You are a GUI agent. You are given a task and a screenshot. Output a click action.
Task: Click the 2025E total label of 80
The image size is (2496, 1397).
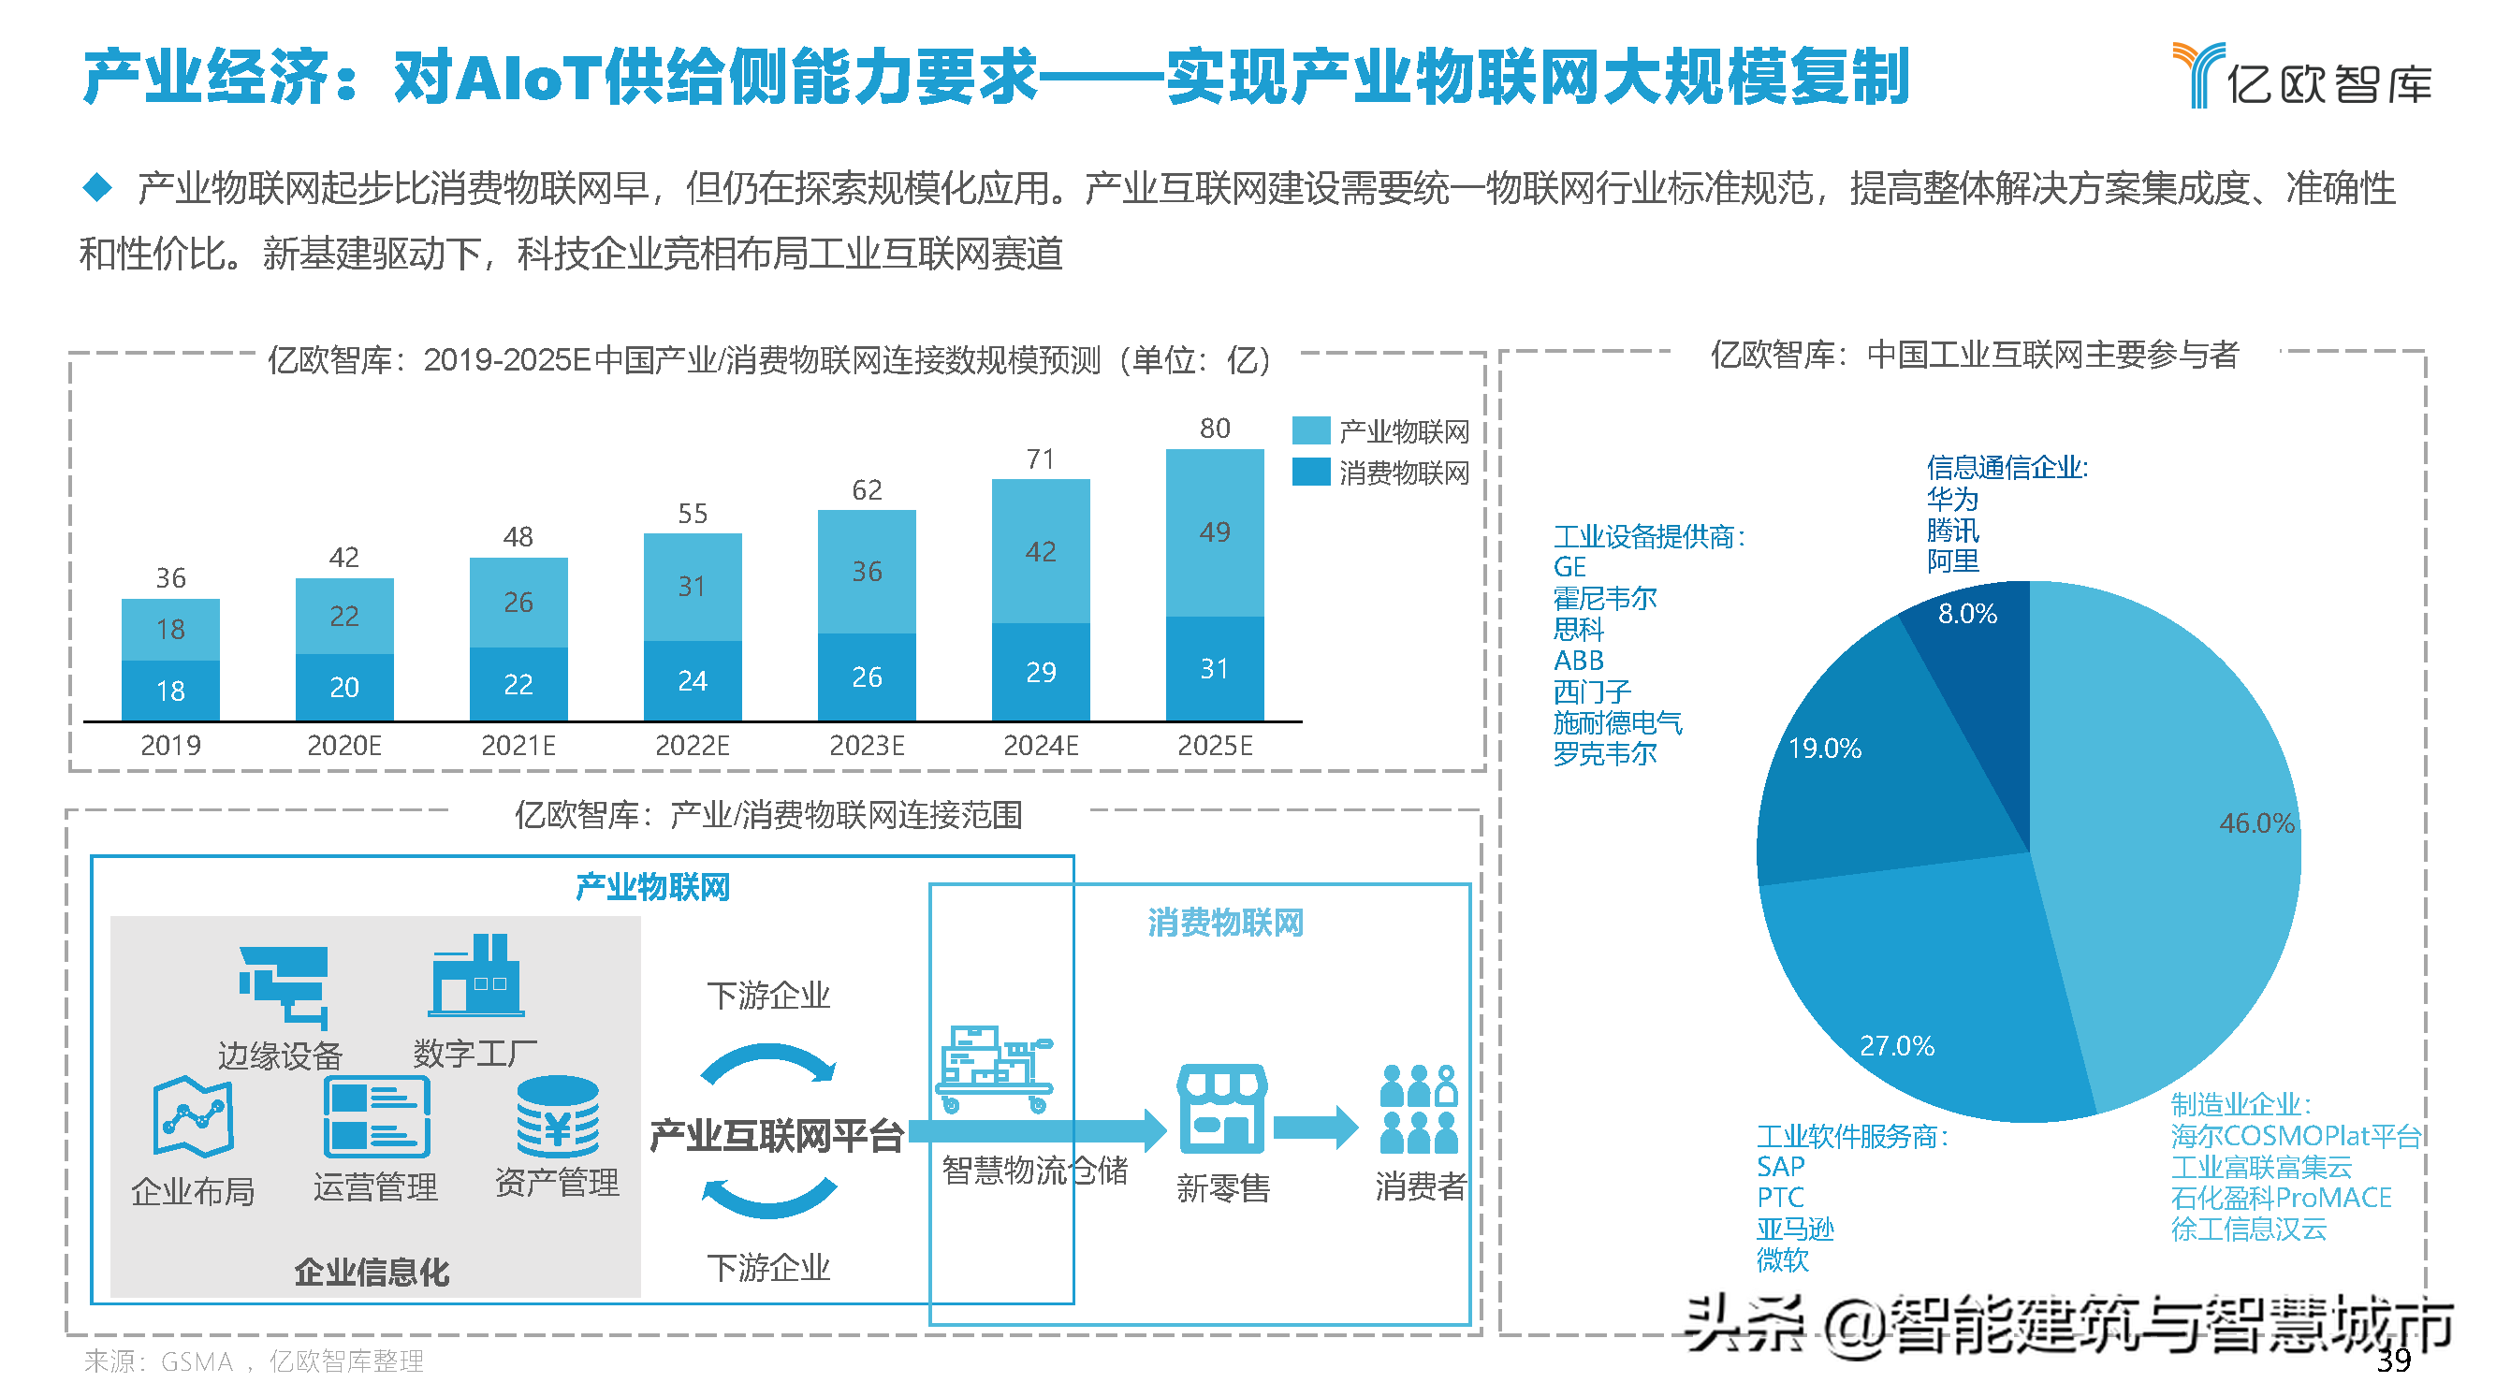coord(1214,429)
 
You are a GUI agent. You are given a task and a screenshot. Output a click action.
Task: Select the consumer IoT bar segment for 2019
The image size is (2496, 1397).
coord(170,690)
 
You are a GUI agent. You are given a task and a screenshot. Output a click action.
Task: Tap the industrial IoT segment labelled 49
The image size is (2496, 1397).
coord(1214,531)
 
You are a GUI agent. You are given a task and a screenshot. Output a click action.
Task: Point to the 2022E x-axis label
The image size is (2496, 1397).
coord(692,745)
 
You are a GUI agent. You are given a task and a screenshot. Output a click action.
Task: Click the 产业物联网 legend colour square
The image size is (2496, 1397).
coord(1310,430)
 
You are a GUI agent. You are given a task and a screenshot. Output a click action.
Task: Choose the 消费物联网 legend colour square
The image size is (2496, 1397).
coord(1310,472)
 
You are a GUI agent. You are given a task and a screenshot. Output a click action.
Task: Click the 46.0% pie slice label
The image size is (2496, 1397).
coord(2255,823)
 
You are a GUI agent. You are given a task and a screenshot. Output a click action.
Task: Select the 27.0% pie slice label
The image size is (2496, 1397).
coord(1896,1046)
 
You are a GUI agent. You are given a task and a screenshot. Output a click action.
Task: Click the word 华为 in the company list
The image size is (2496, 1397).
coord(1951,499)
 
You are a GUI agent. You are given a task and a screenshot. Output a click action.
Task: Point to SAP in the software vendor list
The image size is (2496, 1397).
coord(1780,1167)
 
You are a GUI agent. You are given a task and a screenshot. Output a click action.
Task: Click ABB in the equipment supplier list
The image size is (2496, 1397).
coord(1578,661)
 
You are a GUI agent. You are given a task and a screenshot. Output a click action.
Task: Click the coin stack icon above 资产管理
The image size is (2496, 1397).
coord(557,1116)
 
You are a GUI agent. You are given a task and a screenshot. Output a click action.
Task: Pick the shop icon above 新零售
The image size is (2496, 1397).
coord(1221,1108)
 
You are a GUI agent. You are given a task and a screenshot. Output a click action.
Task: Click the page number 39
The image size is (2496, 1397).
coord(2392,1361)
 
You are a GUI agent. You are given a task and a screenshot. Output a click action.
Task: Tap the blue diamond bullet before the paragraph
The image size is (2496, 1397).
coord(97,187)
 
